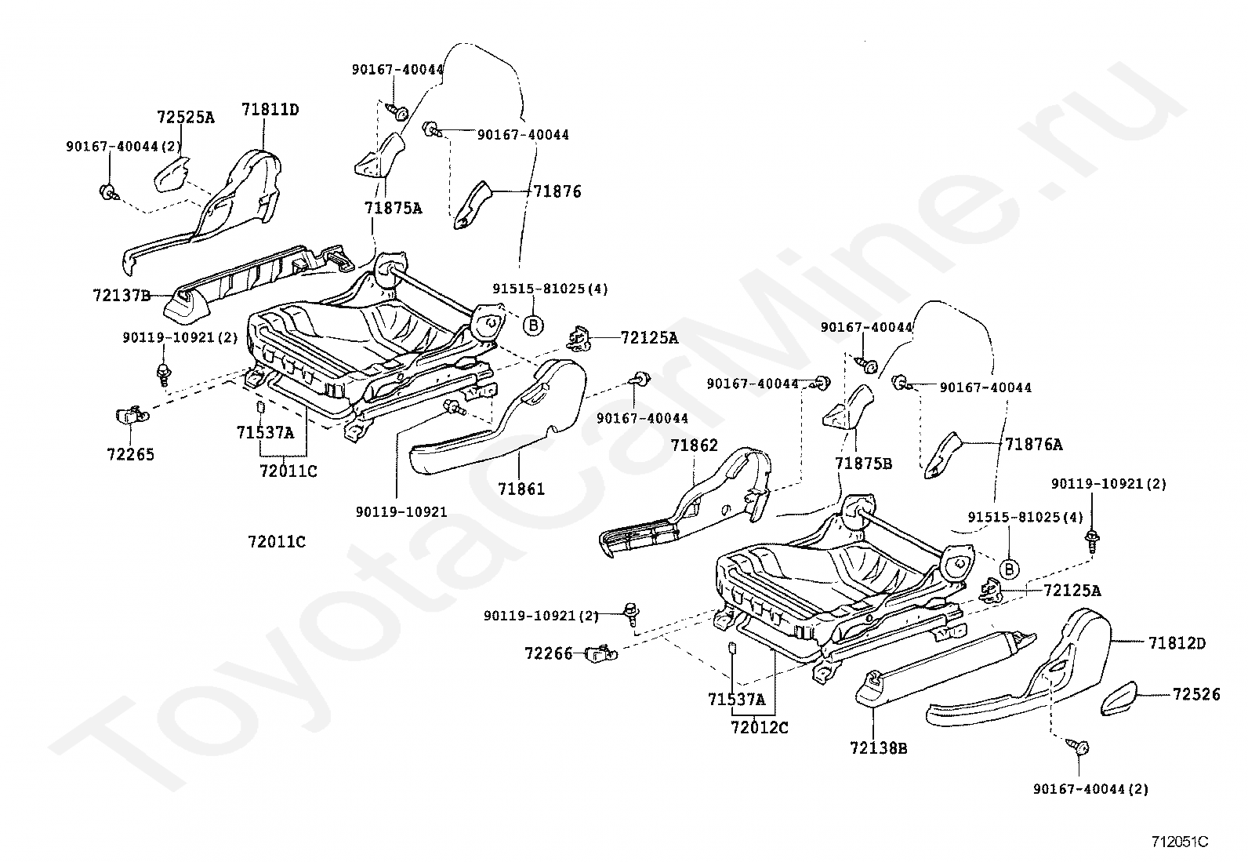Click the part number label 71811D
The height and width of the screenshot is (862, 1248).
(x=270, y=109)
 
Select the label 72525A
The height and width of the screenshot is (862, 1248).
(x=186, y=117)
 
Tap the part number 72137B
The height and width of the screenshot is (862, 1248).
(x=122, y=295)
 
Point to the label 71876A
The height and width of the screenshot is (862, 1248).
(x=1033, y=445)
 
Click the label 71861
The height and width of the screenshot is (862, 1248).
(x=521, y=489)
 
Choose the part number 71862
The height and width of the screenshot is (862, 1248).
(x=695, y=445)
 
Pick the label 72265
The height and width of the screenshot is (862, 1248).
(x=131, y=454)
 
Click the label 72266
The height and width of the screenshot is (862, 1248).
(x=548, y=653)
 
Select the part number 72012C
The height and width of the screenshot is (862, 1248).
(x=760, y=728)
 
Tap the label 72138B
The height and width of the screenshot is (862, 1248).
(x=879, y=748)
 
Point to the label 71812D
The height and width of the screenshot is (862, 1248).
(x=1177, y=643)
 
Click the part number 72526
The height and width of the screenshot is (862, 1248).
(x=1196, y=694)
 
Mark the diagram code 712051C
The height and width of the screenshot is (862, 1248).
(x=1180, y=842)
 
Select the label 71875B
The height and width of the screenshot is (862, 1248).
(x=864, y=464)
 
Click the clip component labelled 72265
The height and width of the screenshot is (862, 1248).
(x=132, y=416)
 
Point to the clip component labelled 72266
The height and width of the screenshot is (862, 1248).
(x=600, y=653)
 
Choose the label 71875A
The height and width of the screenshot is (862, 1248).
(x=394, y=208)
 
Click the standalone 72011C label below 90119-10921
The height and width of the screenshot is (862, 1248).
(x=277, y=541)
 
